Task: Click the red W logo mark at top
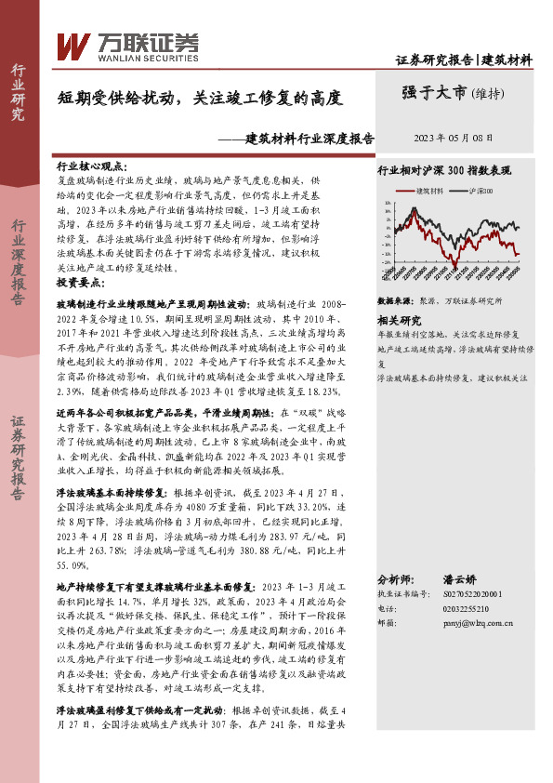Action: click(x=73, y=45)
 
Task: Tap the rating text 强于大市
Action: click(x=434, y=92)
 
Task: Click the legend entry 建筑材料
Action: click(x=429, y=190)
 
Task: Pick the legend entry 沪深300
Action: click(x=481, y=190)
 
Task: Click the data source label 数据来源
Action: click(x=395, y=302)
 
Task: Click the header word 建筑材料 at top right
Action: click(x=508, y=60)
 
